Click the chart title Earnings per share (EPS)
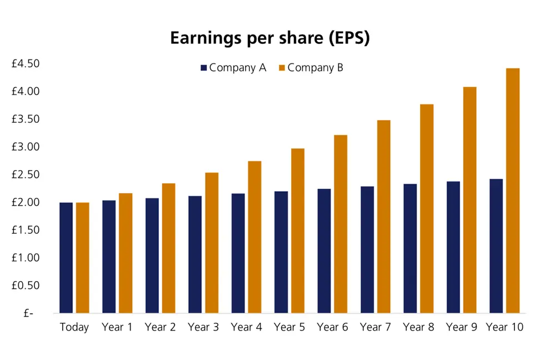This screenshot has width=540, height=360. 269,38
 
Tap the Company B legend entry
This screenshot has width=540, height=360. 311,68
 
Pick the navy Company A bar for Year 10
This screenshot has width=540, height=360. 496,246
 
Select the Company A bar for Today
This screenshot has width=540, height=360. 66,258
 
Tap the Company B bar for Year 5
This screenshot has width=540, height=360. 298,231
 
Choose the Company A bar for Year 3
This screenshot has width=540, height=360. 195,254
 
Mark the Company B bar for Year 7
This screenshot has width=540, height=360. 384,217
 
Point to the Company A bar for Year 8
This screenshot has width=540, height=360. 410,248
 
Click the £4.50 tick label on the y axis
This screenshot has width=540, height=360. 26,64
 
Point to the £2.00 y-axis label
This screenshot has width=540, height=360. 26,202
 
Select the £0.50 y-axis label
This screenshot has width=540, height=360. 26,286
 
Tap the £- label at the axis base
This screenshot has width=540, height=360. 28,313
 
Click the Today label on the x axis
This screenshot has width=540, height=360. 74,328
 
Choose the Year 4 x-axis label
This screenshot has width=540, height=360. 246,328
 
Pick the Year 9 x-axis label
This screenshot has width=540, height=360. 461,328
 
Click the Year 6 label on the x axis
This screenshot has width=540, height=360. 332,328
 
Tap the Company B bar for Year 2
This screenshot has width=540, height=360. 169,248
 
